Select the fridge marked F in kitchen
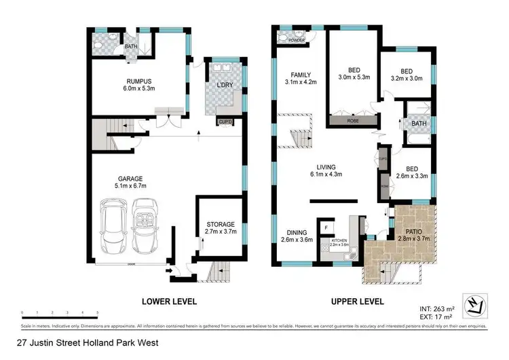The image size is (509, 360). [326, 227]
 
